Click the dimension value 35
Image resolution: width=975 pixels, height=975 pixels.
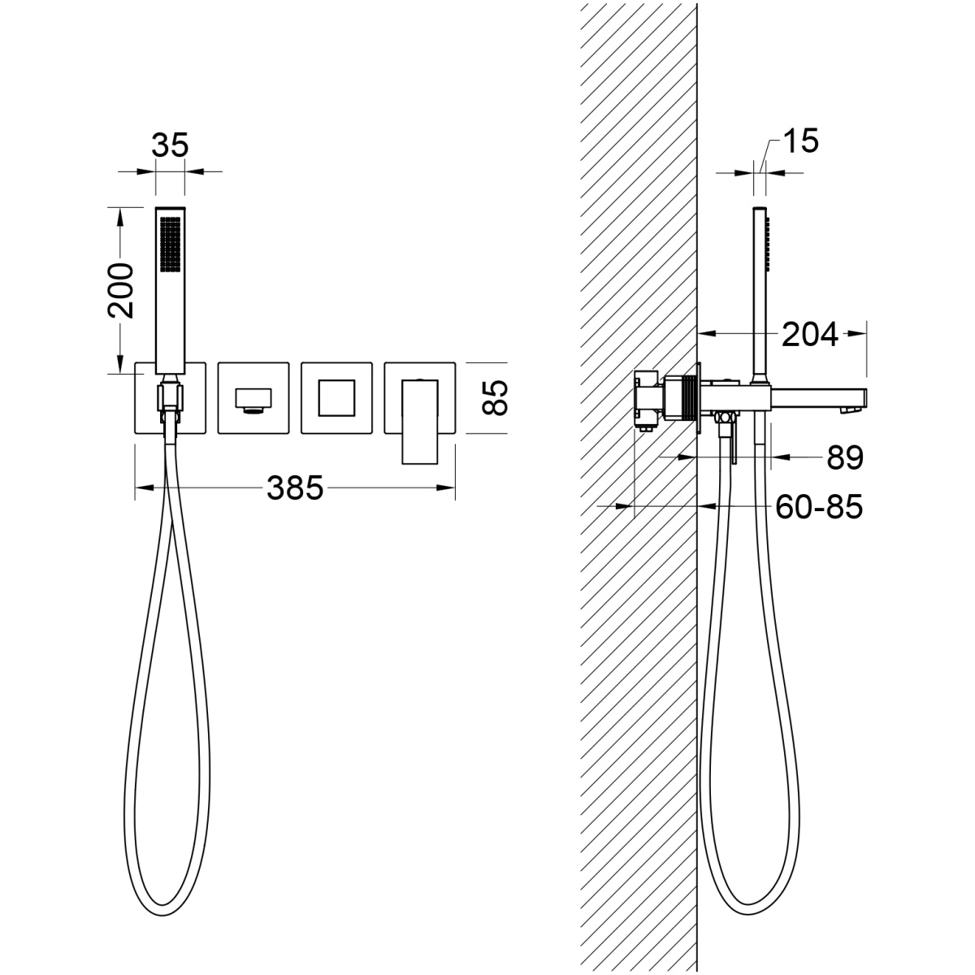point(170,145)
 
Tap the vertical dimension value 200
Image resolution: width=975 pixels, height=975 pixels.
point(121,290)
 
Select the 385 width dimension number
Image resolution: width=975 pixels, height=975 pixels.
point(295,488)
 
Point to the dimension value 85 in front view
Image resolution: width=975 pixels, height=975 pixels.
point(494,397)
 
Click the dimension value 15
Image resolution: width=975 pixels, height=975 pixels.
point(800,141)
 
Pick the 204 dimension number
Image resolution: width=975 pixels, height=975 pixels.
point(810,335)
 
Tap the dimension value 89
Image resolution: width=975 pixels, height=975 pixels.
point(845,457)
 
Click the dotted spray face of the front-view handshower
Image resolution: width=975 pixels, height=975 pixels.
point(171,245)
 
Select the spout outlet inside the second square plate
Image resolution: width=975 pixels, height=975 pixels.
point(253,401)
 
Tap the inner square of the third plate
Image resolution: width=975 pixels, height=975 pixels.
point(336,397)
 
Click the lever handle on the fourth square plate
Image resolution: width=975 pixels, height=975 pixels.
point(419,422)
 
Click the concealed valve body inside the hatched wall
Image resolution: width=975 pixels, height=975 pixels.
point(650,400)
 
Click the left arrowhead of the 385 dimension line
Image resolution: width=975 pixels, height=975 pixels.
point(144,487)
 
